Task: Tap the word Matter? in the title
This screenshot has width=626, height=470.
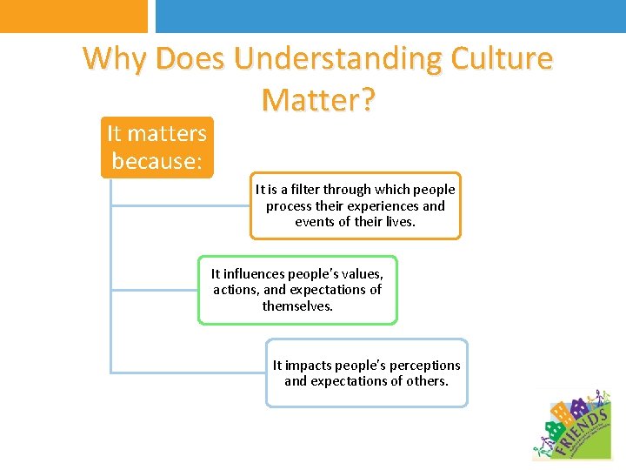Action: (318, 100)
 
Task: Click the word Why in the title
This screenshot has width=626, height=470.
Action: (114, 59)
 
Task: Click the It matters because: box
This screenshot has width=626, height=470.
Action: (156, 147)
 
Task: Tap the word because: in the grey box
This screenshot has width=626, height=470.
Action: (157, 161)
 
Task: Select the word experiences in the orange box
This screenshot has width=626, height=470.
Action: (386, 206)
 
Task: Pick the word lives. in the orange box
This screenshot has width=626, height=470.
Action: (399, 222)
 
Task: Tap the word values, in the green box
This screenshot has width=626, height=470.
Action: (363, 274)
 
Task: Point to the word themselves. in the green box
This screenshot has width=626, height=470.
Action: (297, 306)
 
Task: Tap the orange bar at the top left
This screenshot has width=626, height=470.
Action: (74, 16)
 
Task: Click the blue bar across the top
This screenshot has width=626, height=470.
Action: (390, 16)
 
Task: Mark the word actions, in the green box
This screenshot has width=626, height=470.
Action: (237, 290)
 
